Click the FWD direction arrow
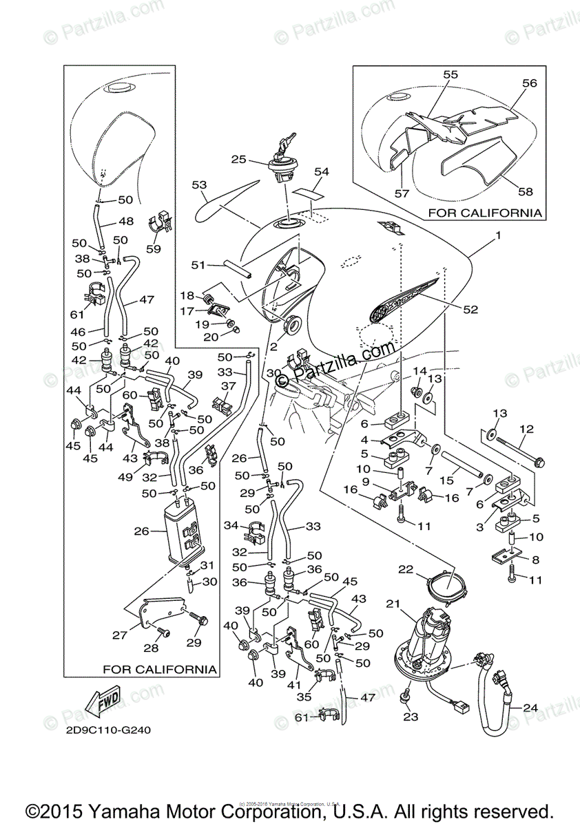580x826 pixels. pyautogui.click(x=101, y=701)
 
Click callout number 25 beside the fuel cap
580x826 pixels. pyautogui.click(x=238, y=160)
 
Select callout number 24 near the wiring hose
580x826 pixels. pyautogui.click(x=529, y=707)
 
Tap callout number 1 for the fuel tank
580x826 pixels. pyautogui.click(x=497, y=236)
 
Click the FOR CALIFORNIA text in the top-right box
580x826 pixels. pyautogui.click(x=485, y=212)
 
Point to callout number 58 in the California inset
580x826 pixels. pyautogui.click(x=526, y=192)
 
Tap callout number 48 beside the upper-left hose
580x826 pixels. pyautogui.click(x=126, y=222)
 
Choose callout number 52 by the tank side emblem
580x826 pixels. pyautogui.click(x=470, y=310)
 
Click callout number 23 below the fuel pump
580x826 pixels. pyautogui.click(x=411, y=717)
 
